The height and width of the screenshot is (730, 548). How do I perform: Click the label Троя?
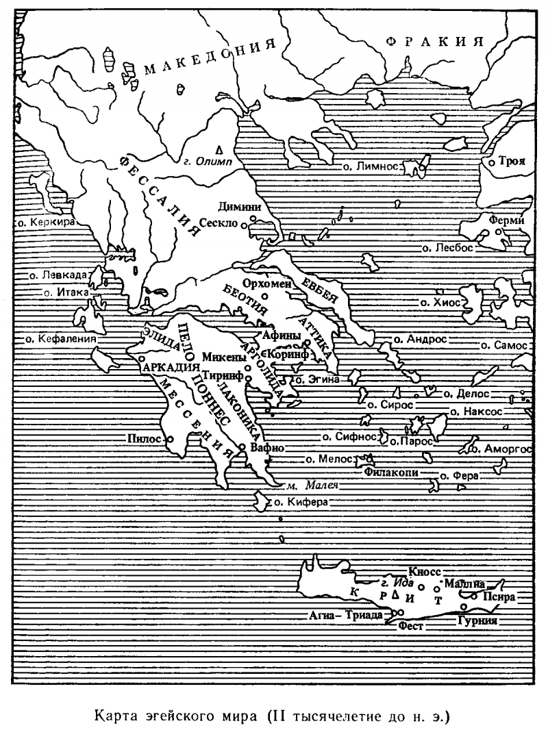tap(512, 162)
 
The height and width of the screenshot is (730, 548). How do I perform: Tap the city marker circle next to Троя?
tap(493, 163)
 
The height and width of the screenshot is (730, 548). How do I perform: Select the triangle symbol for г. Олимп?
tap(219, 149)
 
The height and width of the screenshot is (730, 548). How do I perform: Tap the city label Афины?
tap(282, 336)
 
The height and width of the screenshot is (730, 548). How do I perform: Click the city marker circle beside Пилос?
tap(170, 439)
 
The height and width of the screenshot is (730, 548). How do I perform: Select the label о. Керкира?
tap(42, 223)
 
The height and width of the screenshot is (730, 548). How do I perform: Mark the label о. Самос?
tap(504, 346)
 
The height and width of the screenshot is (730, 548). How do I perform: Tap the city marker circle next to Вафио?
tap(242, 447)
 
